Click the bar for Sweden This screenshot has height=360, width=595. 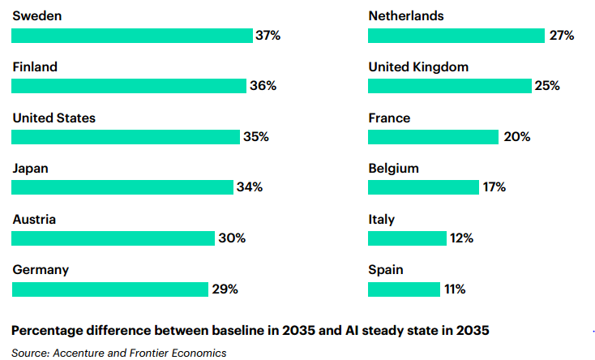click(x=131, y=36)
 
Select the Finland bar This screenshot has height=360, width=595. click(x=128, y=86)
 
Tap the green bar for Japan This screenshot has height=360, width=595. click(x=122, y=187)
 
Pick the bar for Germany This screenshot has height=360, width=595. click(x=109, y=289)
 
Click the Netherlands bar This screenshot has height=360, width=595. click(x=456, y=36)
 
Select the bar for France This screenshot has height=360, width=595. click(x=433, y=137)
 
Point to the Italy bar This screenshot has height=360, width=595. click(x=407, y=238)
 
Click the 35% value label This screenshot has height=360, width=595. click(x=256, y=137)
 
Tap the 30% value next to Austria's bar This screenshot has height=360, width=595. click(x=232, y=238)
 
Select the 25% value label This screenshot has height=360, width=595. click(x=547, y=86)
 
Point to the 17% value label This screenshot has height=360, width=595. click(x=494, y=187)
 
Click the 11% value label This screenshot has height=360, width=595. click(x=454, y=289)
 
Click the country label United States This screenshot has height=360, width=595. click(x=54, y=118)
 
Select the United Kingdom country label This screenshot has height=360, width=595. click(x=418, y=67)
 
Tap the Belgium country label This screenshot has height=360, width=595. click(x=393, y=169)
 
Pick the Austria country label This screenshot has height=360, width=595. click(x=34, y=219)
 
